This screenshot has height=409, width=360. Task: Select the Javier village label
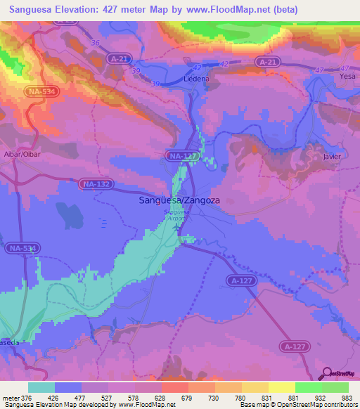(x=333, y=157)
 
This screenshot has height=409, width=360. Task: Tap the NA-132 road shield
(x=96, y=184)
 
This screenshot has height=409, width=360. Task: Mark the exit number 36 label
(x=95, y=43)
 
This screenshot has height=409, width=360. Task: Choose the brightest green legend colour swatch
(x=309, y=387)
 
